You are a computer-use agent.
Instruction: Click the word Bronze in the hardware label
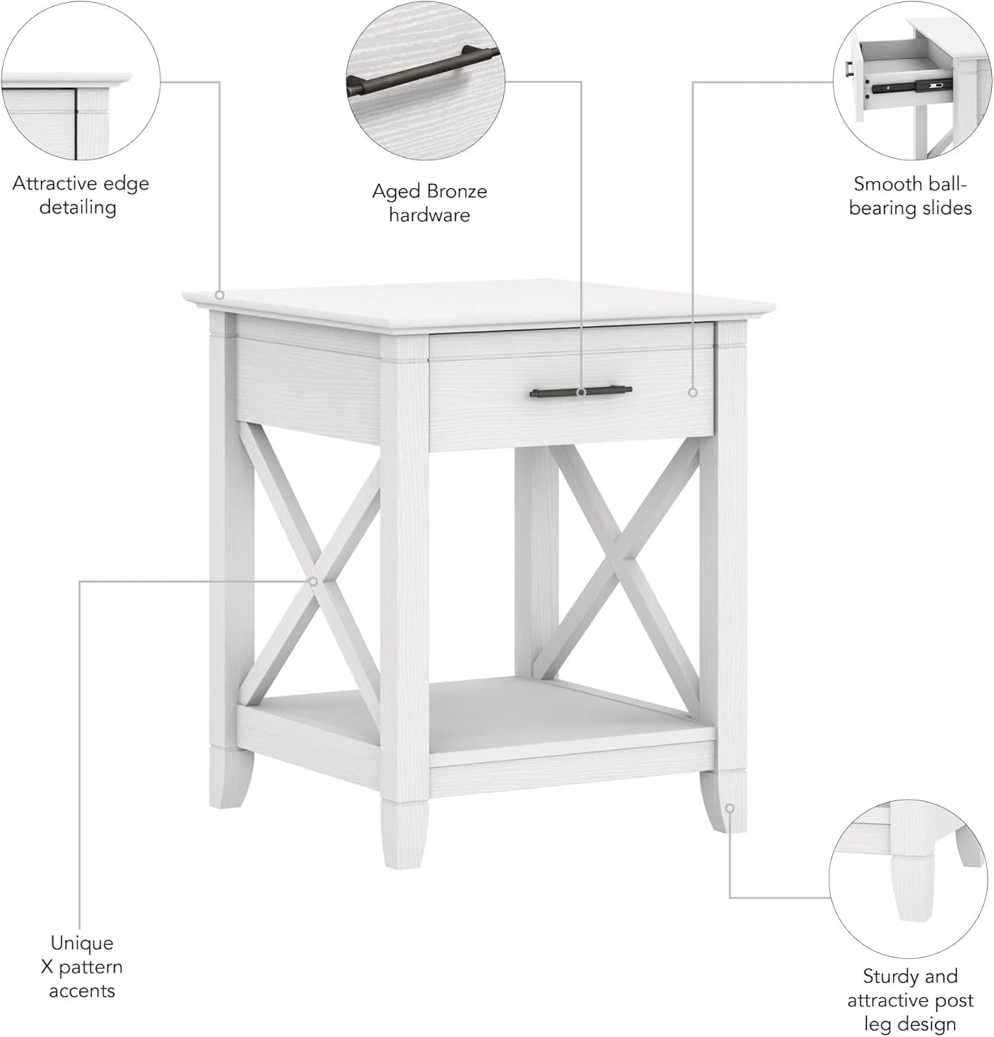tap(457, 191)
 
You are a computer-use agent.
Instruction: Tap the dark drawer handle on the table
tap(581, 393)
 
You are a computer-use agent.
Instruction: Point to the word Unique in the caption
tap(82, 943)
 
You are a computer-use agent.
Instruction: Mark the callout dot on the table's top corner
tap(220, 295)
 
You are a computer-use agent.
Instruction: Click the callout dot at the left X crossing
tap(313, 581)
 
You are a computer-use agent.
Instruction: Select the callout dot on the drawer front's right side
tap(693, 393)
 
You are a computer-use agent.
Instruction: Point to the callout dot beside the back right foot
tap(730, 807)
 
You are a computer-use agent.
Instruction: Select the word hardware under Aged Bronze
tap(429, 215)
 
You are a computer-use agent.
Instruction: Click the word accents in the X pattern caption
tap(82, 991)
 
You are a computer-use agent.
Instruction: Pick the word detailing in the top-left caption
tap(77, 207)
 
